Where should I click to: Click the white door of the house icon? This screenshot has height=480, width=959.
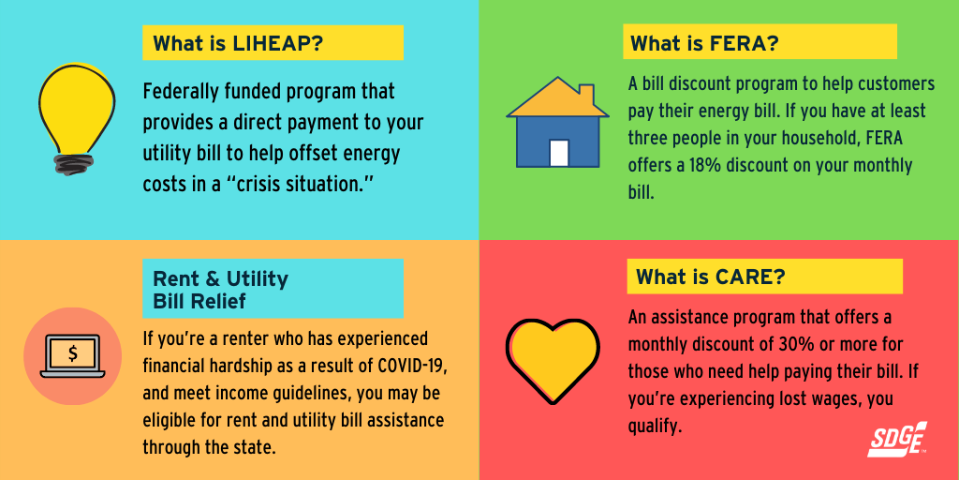click(x=559, y=153)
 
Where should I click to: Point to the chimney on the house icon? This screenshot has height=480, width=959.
click(x=586, y=96)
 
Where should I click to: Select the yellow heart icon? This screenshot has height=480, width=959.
click(x=553, y=360)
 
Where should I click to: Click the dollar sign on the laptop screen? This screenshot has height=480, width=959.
click(x=73, y=354)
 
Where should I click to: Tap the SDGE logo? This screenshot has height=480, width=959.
click(x=897, y=439)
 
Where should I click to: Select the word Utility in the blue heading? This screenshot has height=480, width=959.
click(x=257, y=279)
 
